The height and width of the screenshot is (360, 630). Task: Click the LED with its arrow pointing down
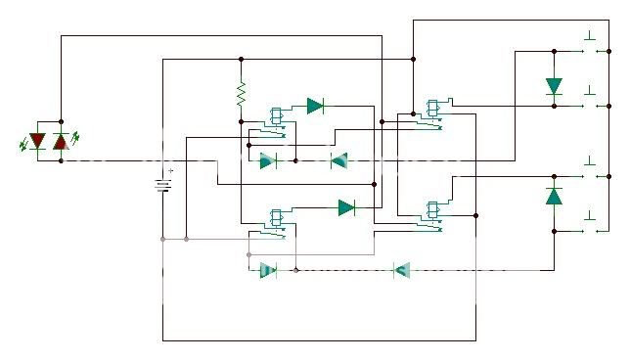(x=38, y=142)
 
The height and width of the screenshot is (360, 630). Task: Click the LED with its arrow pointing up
(x=61, y=142)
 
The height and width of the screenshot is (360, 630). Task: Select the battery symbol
(x=161, y=184)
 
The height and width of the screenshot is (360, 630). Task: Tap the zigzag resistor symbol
(x=240, y=94)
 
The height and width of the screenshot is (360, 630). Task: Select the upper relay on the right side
(x=432, y=112)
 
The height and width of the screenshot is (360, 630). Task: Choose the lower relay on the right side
(x=432, y=212)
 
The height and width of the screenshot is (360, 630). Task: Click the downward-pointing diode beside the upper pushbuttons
(x=554, y=87)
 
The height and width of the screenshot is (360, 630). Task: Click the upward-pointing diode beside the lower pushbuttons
(x=554, y=195)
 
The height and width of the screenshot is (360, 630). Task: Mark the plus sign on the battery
(x=171, y=171)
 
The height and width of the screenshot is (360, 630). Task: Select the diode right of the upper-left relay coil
(x=315, y=106)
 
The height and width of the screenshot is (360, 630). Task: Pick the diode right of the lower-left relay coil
(x=346, y=206)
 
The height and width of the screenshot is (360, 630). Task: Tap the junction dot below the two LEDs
(x=61, y=160)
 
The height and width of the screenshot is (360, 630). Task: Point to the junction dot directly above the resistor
(x=240, y=59)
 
